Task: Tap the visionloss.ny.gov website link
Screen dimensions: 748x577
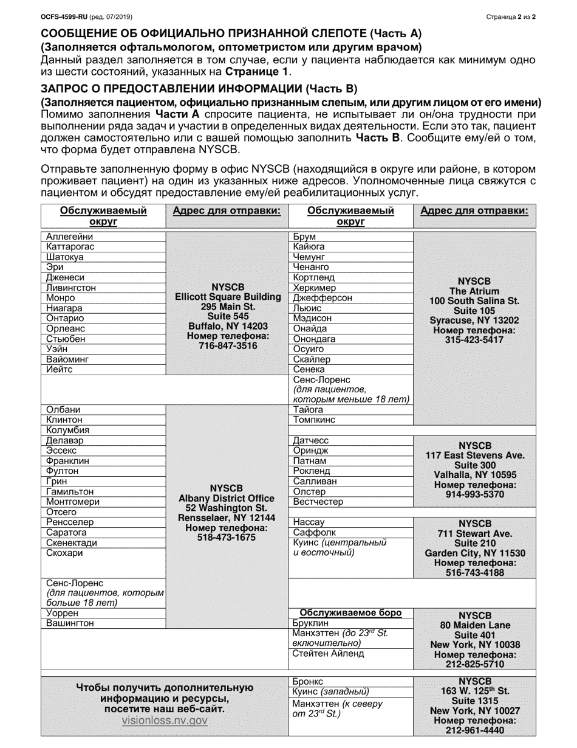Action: point(165,721)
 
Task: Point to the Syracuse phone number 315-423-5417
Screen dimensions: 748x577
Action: point(474,340)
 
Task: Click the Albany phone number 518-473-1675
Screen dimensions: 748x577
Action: point(227,538)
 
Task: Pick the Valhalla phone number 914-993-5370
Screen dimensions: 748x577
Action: point(475,495)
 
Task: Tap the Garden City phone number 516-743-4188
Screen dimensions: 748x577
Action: point(475,573)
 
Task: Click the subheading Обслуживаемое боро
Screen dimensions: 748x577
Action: point(350,612)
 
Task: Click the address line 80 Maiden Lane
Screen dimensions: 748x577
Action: point(475,625)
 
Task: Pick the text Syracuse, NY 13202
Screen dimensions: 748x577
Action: point(474,320)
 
